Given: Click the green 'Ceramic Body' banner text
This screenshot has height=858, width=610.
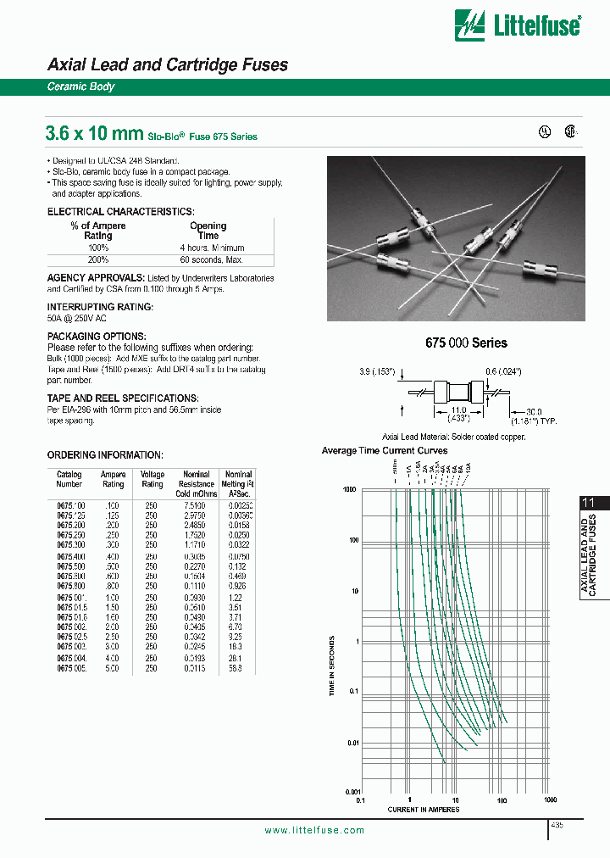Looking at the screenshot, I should tap(80, 87).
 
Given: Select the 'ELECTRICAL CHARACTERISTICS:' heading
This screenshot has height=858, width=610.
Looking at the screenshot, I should tap(120, 211).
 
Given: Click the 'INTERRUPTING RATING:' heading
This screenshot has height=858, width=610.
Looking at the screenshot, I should tap(100, 307).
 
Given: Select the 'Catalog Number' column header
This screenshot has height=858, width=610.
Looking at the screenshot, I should tap(69, 479).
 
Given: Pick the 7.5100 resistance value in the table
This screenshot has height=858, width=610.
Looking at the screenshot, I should tap(196, 504).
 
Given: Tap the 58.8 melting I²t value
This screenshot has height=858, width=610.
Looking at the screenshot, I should tap(236, 645).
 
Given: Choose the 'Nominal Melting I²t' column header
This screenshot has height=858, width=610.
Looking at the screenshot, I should tap(238, 483).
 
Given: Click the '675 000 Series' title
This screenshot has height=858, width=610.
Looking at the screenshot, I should tap(465, 343).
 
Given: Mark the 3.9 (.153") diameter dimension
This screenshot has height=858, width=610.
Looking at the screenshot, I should tap(377, 370).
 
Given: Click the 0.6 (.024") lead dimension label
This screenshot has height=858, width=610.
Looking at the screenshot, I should tap(502, 370).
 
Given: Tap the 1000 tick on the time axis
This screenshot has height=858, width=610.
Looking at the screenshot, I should tap(348, 489).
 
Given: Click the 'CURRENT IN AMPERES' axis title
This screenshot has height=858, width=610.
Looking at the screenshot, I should tap(424, 810).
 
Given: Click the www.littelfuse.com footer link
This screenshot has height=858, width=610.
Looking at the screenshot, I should tap(314, 831).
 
